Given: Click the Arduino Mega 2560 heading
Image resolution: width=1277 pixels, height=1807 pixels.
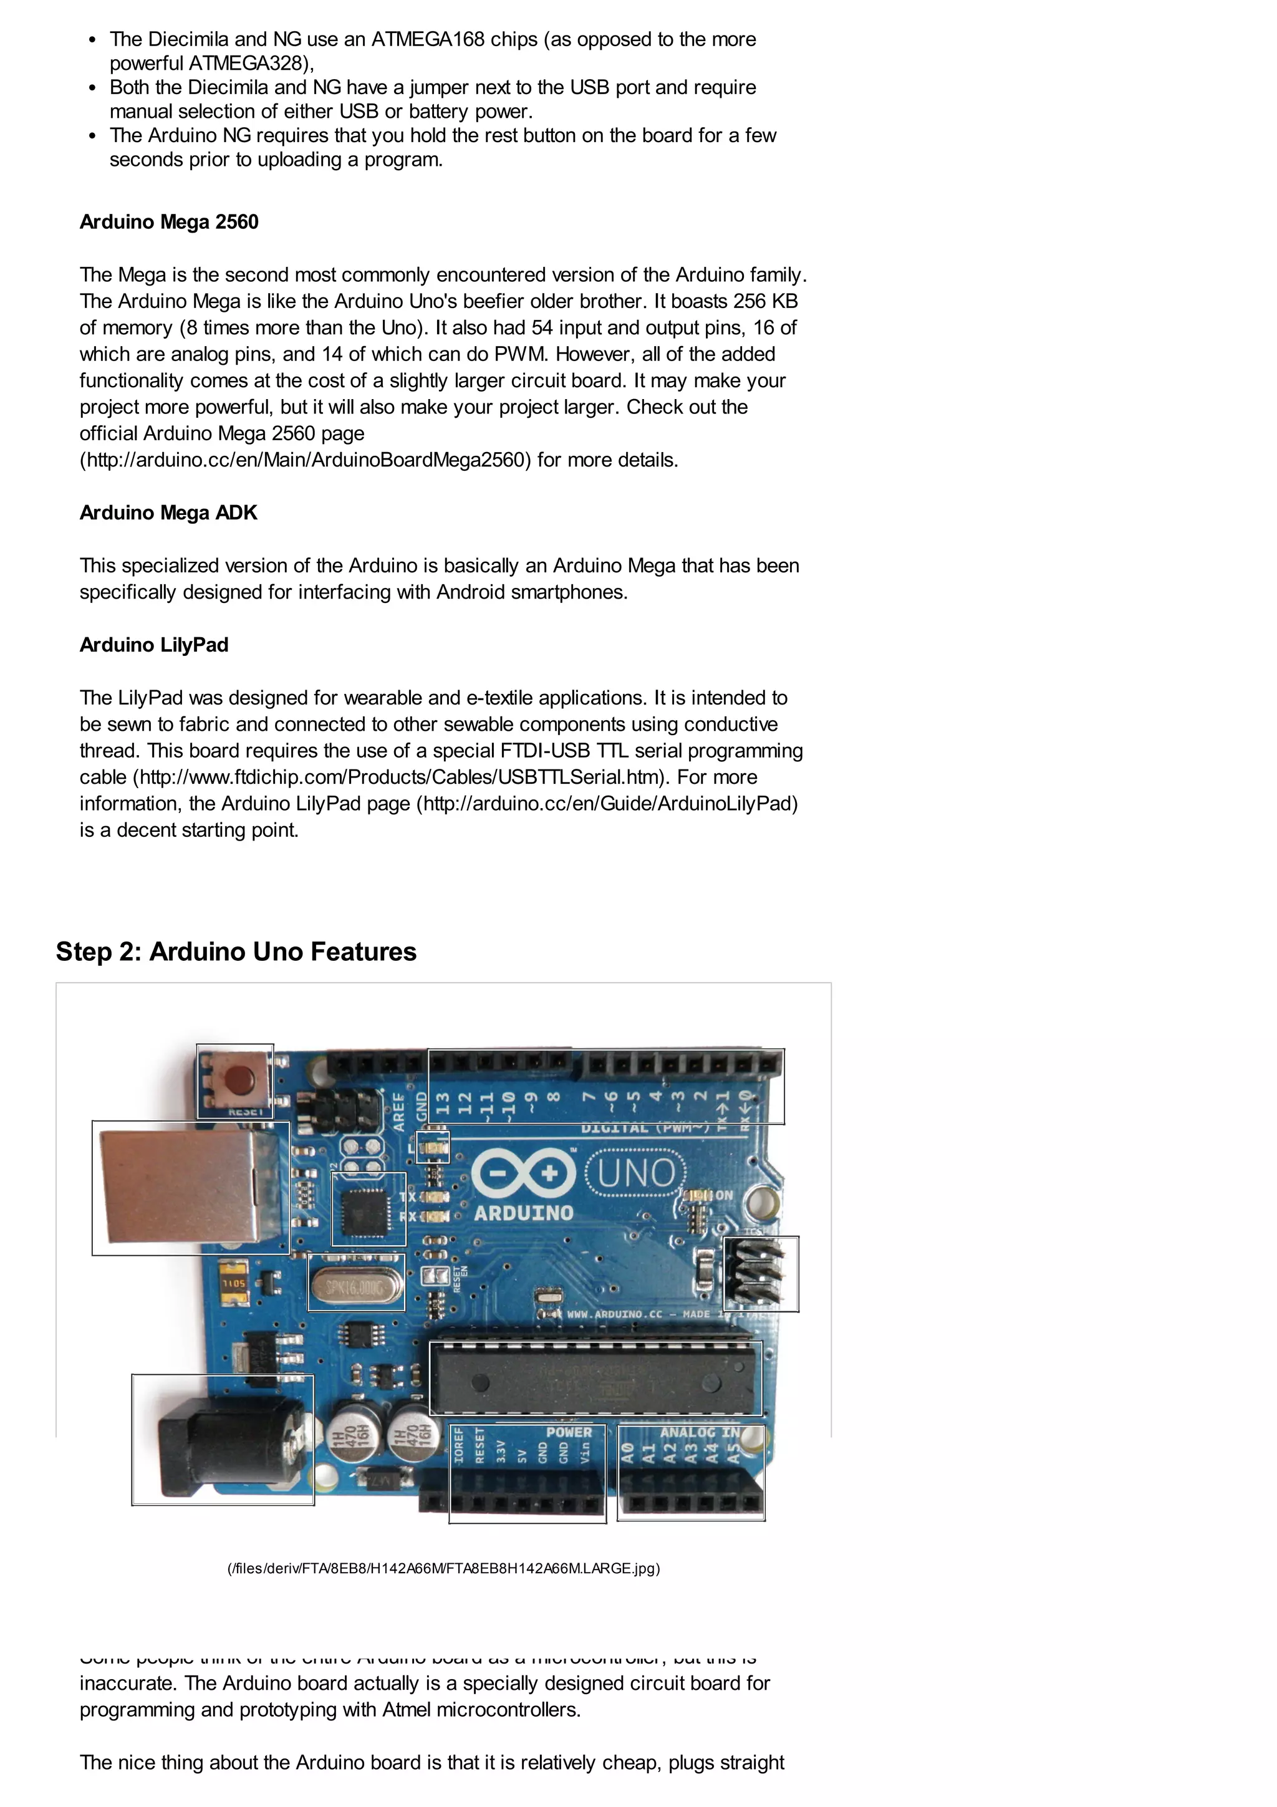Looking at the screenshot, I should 168,222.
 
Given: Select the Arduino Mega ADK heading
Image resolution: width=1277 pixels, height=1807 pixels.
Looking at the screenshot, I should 168,513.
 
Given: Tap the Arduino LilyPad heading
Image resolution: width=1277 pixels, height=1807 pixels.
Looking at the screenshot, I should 153,645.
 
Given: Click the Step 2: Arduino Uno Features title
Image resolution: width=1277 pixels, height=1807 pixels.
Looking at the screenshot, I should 236,952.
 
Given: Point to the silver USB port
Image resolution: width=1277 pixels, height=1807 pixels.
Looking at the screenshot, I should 189,1187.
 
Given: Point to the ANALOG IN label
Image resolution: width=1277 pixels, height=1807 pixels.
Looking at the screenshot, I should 700,1432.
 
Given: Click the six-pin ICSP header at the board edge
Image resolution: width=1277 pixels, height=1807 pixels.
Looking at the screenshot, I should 760,1273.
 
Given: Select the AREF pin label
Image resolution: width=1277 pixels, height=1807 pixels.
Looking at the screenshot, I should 399,1111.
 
